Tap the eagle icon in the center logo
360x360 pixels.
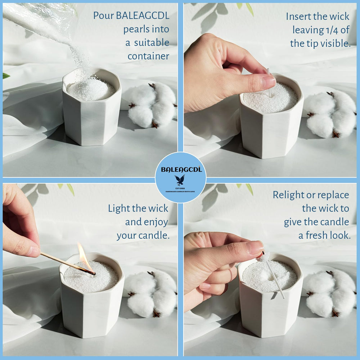[180, 180]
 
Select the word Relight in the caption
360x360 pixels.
[288, 195]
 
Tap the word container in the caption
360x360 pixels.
[148, 56]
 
